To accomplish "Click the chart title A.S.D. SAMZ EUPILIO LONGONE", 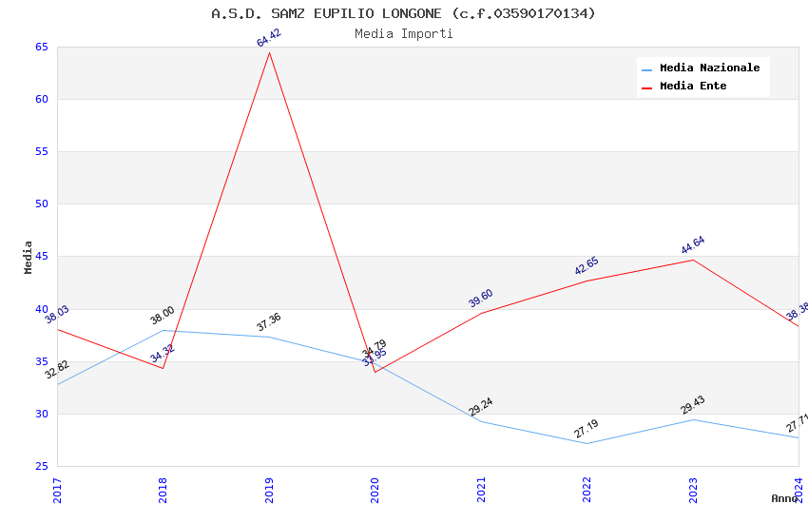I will pos(403,13).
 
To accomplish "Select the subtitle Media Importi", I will pos(403,34).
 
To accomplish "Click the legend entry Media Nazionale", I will pos(709,68).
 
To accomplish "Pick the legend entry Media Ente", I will pos(693,86).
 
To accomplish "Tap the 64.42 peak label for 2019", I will pos(269,38).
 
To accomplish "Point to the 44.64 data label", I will pos(693,245).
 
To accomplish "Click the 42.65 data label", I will pos(587,266).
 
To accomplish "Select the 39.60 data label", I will pos(481,299).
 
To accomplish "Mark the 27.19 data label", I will pos(587,429).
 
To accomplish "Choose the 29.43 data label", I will pos(693,405).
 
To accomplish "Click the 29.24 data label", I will pos(481,407).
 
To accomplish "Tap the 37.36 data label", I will pos(269,322).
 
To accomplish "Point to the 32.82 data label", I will pos(57,370).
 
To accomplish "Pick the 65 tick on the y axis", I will pos(41,47).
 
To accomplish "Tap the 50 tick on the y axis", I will pos(41,203).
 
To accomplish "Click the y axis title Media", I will pos(29,257).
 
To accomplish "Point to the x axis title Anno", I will pos(784,498).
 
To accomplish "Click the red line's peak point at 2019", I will pos(269,52).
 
